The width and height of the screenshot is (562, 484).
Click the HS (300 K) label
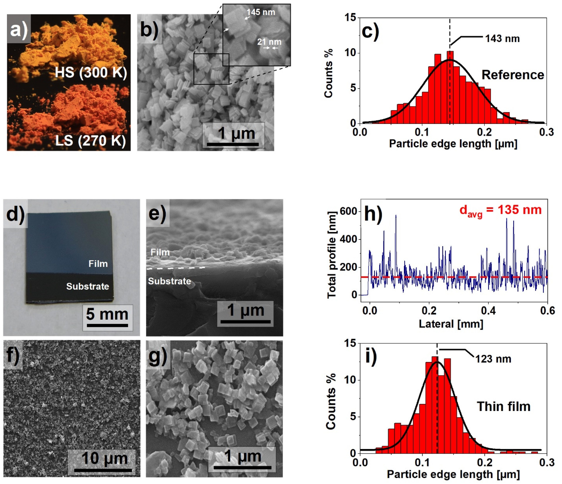(91, 73)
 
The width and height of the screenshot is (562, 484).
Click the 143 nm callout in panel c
(502, 39)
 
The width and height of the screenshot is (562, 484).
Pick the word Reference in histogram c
(513, 75)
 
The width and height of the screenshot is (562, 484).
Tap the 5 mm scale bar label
(107, 314)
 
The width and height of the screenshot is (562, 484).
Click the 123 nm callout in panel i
(493, 359)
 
